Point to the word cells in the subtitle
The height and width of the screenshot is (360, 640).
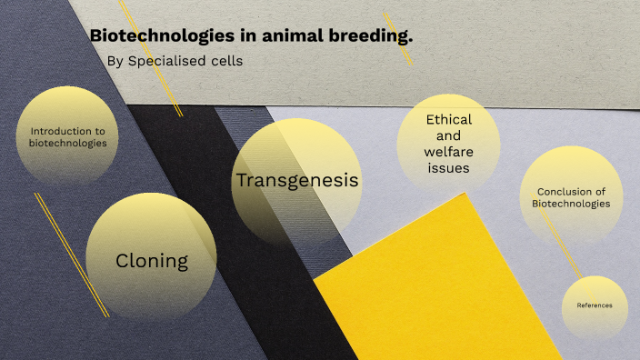(226, 62)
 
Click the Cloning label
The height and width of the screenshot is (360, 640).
(152, 261)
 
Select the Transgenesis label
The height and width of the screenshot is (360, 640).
(297, 180)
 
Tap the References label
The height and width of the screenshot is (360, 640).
(595, 305)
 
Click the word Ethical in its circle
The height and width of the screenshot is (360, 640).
(448, 120)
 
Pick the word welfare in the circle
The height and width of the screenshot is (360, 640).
(448, 152)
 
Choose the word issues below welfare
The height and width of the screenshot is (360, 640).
(448, 168)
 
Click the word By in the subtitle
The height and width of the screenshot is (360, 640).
(115, 62)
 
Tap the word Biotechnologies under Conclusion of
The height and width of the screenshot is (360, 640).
(571, 204)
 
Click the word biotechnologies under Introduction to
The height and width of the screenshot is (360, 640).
(67, 143)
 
